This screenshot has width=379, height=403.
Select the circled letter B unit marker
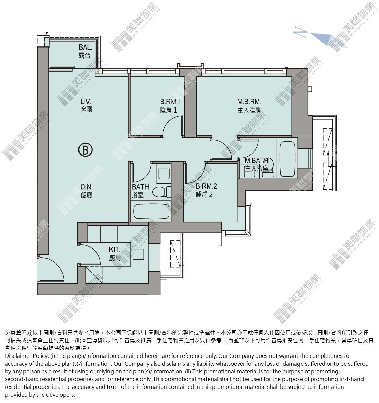tap(85, 150)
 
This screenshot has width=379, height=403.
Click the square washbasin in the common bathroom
tap(164, 173)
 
